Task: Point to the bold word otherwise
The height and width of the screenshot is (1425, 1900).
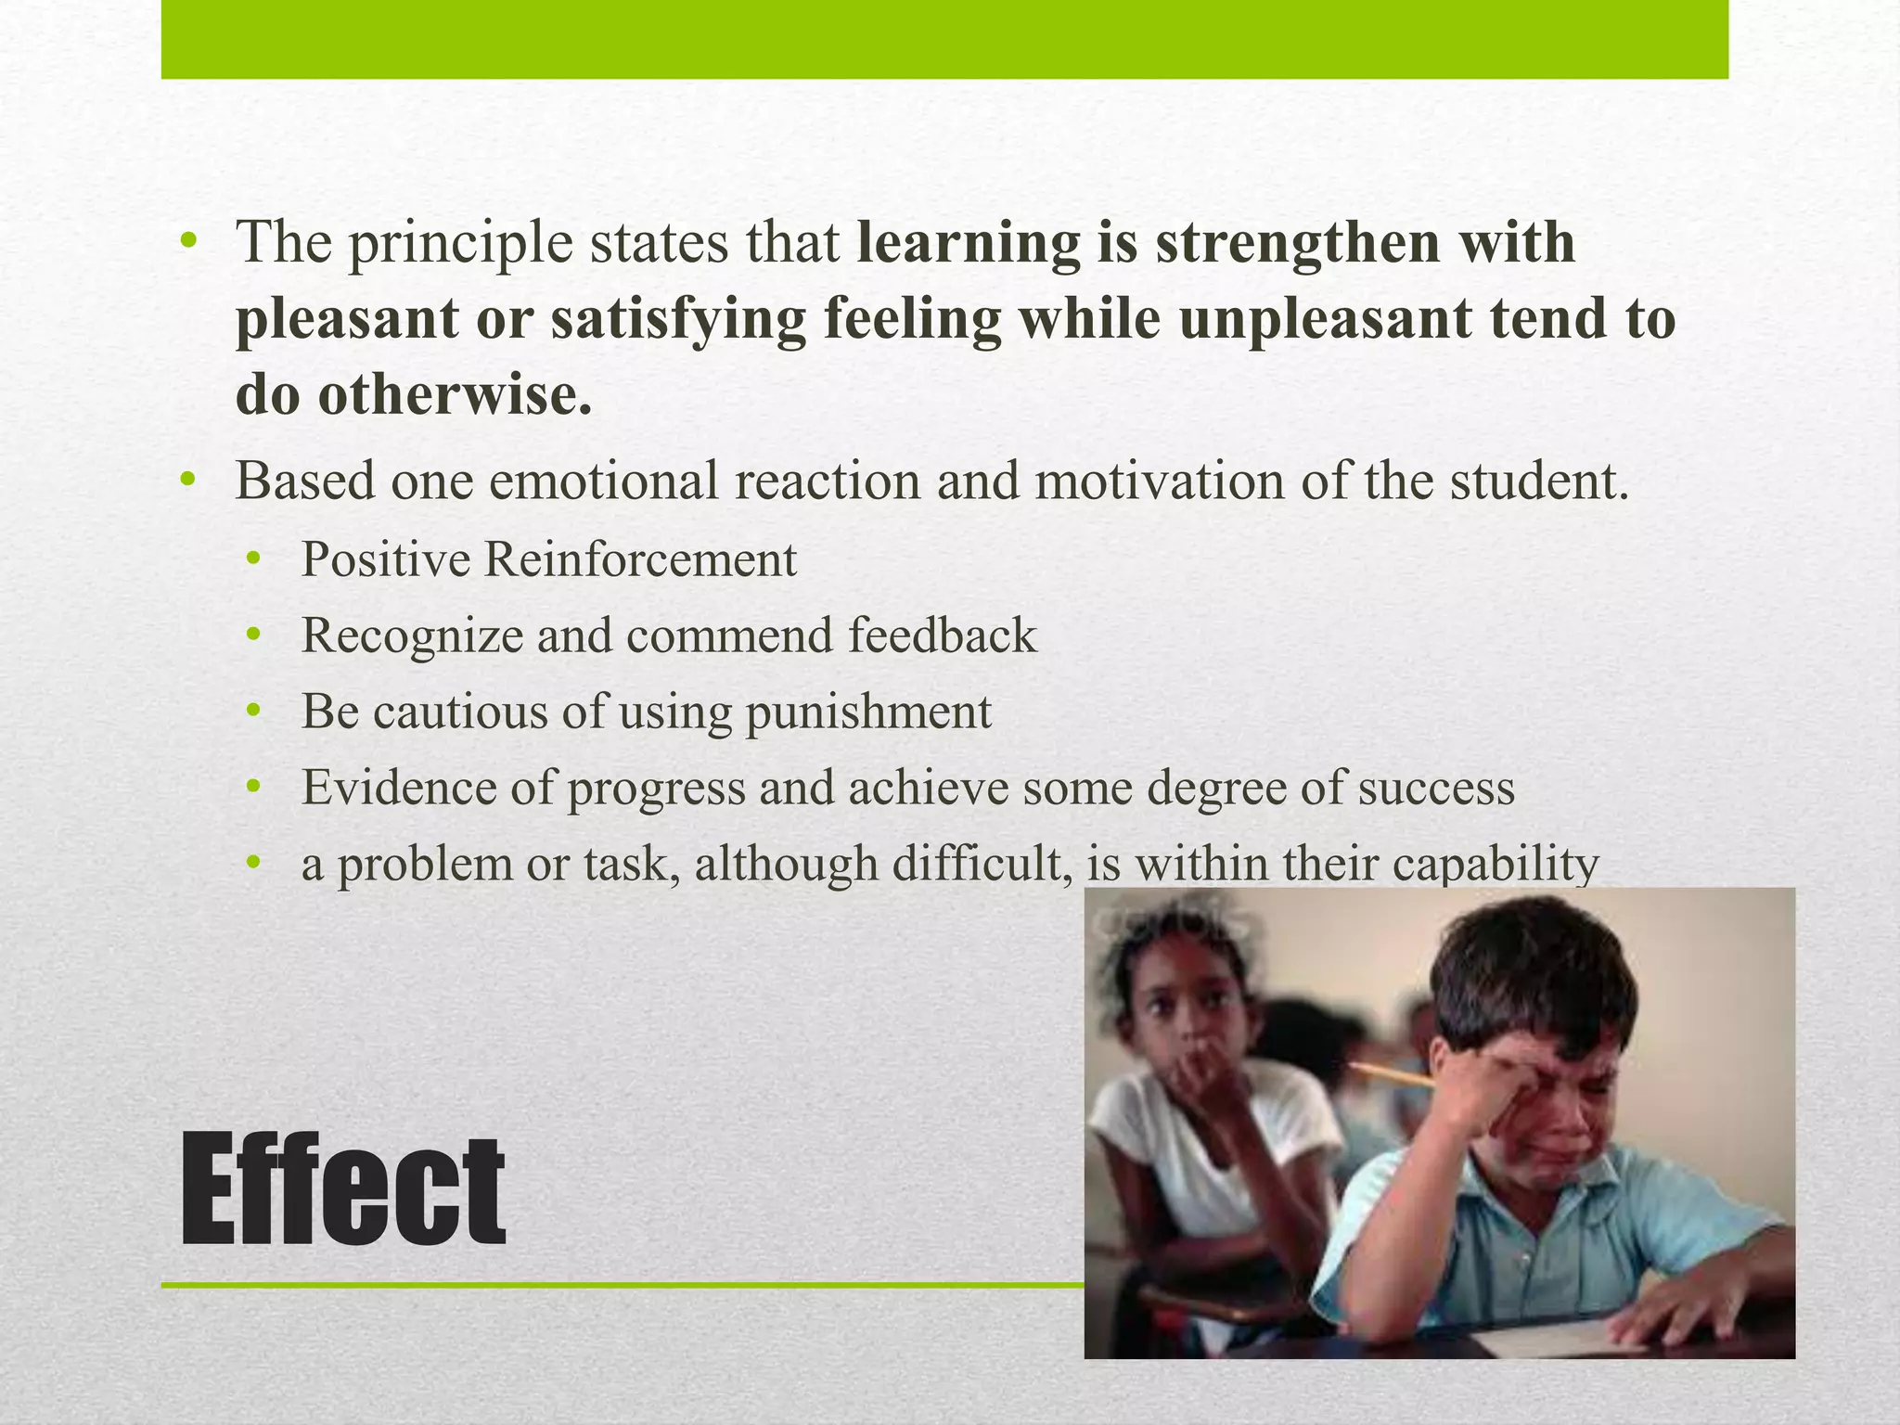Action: point(454,395)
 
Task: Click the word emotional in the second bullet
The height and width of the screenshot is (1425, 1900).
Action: point(603,481)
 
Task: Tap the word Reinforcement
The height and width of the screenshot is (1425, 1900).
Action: point(639,559)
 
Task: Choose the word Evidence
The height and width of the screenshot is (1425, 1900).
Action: point(399,788)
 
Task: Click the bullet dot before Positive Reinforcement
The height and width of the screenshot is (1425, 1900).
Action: point(254,559)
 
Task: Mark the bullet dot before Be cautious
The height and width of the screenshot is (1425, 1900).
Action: point(254,712)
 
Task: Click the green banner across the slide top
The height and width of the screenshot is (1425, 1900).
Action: point(944,39)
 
